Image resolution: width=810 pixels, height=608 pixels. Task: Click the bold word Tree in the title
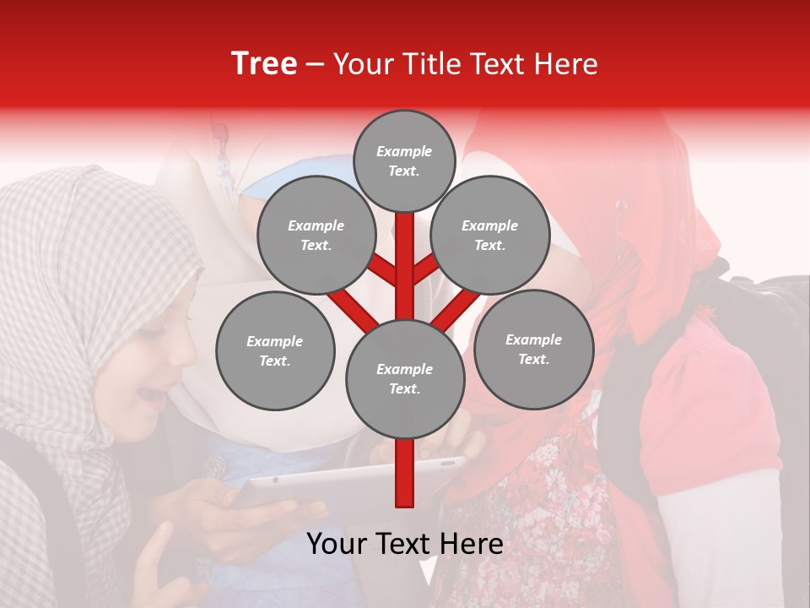pos(264,64)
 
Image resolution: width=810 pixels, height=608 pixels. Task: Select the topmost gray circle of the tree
pos(404,160)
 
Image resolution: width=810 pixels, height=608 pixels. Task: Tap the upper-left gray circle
pos(316,235)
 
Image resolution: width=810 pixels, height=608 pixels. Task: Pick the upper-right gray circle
pos(490,235)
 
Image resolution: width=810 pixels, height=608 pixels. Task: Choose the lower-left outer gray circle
pos(275,350)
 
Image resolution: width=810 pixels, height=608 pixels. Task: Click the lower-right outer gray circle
pos(533,349)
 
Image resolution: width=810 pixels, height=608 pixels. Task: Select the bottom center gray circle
pos(404,379)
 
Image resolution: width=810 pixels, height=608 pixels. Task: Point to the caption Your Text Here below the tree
pos(404,545)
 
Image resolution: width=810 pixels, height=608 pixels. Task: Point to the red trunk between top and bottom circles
pos(404,270)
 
